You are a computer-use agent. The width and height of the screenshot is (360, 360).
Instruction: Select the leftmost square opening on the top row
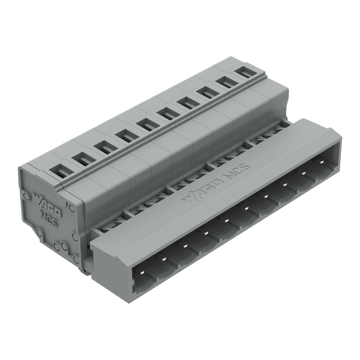click(58, 171)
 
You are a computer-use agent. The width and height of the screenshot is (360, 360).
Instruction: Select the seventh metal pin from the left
click(265, 195)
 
